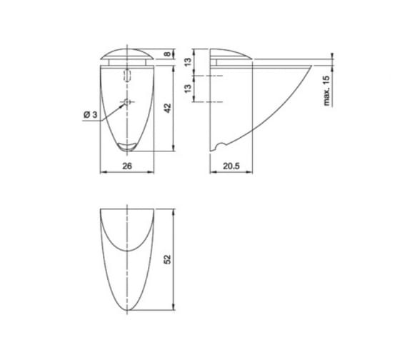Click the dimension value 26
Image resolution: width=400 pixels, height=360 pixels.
pos(127,166)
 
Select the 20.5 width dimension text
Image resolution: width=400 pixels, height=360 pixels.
pos(231,166)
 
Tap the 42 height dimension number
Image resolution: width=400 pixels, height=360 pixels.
pos(168,108)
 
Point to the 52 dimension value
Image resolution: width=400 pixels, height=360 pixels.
pos(168,259)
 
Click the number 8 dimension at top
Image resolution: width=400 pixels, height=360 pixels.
pos(167,54)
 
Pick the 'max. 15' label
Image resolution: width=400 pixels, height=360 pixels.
pos(326,91)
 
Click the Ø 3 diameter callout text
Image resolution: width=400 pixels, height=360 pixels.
pos(91,115)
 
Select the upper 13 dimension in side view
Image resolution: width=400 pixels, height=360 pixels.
pos(188,62)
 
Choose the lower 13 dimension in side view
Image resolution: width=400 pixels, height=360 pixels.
pos(188,89)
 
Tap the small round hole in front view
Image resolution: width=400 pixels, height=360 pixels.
pos(127,102)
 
